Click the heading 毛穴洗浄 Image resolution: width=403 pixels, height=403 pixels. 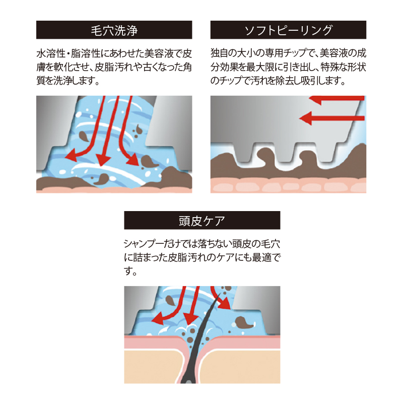coord(114,30)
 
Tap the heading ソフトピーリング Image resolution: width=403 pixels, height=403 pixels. coord(288,30)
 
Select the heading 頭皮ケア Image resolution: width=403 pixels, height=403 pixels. coord(202,221)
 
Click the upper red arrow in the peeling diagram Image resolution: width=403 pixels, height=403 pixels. coord(337,99)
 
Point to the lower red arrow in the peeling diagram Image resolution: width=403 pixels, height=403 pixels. coord(332,118)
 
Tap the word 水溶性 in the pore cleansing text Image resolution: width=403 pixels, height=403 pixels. coord(51,54)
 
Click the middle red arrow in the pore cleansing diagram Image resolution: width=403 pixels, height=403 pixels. coord(108,131)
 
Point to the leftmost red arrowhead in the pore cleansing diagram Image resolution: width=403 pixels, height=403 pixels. coord(71,155)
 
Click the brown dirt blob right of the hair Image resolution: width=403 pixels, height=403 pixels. coord(244,323)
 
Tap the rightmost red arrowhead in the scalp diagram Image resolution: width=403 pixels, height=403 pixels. coord(225,304)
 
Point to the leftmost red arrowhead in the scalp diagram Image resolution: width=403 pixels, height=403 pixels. coord(157,319)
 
